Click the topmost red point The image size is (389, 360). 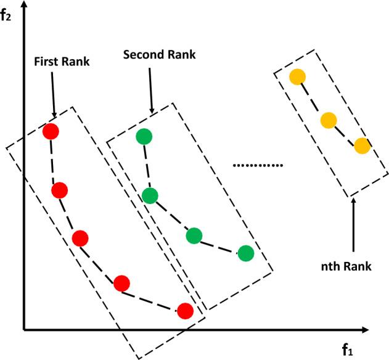[x=51, y=131]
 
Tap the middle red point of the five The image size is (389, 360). [x=80, y=239]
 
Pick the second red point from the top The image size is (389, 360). [x=59, y=190]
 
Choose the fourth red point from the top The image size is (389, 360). [x=121, y=283]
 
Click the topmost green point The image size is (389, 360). [x=144, y=137]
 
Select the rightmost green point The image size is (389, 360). [x=246, y=253]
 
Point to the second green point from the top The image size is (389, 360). [x=150, y=196]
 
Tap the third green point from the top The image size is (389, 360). [x=194, y=235]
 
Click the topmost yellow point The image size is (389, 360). [x=298, y=77]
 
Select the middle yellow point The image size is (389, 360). [x=329, y=120]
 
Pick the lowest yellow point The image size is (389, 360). [x=362, y=146]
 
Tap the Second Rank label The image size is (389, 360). [x=159, y=54]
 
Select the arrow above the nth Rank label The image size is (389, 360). [x=353, y=225]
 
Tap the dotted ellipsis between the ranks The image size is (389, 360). [x=258, y=165]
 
